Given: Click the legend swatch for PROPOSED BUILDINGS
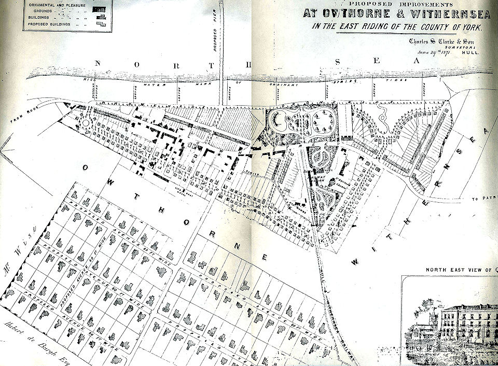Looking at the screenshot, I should [x=102, y=23].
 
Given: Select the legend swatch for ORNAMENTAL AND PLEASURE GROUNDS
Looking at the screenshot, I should [x=100, y=9].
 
